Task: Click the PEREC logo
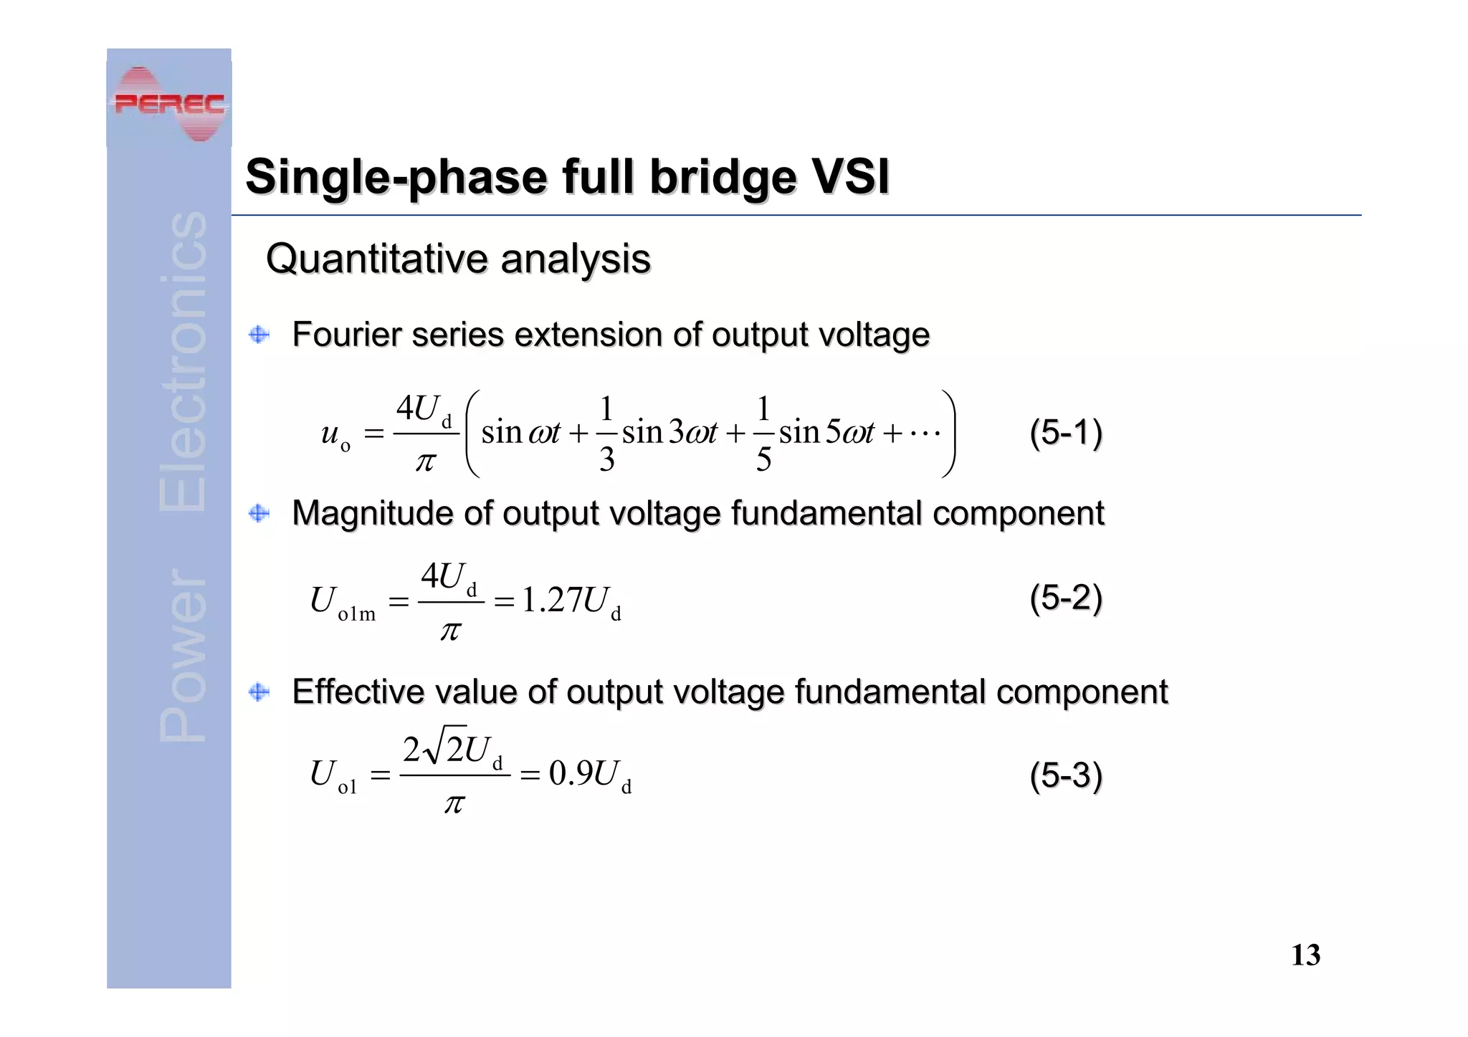[169, 104]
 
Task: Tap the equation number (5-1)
[1065, 433]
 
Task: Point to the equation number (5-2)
[1065, 598]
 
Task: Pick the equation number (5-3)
[1065, 775]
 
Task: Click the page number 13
[1305, 955]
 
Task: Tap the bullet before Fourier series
[259, 335]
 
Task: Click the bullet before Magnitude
[259, 513]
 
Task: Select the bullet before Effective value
[259, 692]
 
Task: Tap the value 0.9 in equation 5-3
[571, 774]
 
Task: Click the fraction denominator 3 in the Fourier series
[606, 459]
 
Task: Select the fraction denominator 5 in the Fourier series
[763, 459]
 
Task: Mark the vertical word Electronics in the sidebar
[183, 362]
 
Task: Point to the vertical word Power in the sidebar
[183, 656]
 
